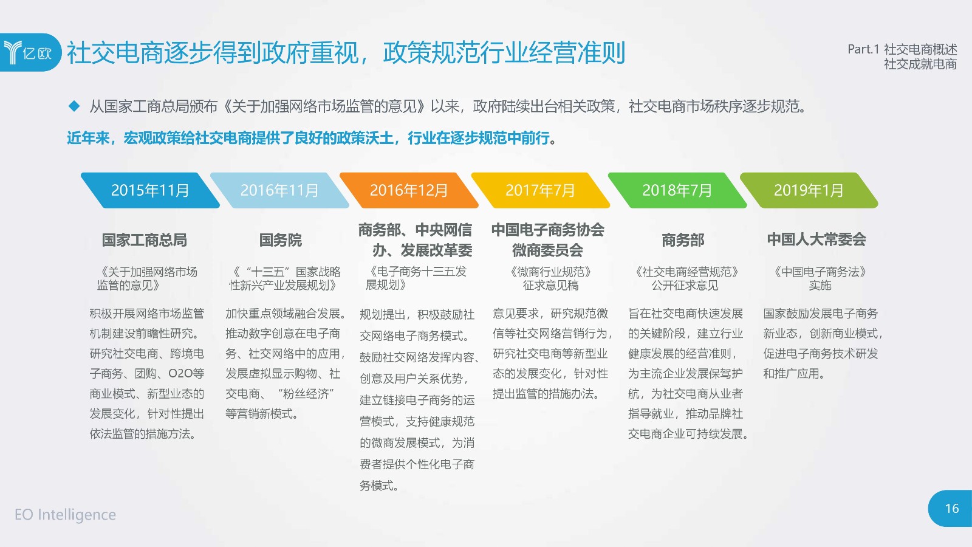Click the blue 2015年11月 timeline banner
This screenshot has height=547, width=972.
[x=150, y=190]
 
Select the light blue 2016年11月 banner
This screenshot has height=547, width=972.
[x=279, y=190]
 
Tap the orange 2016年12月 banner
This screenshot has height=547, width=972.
[x=409, y=190]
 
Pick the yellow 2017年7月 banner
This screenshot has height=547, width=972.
[x=540, y=190]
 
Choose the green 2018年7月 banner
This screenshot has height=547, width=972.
[x=677, y=190]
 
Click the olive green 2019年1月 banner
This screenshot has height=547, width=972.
[x=809, y=190]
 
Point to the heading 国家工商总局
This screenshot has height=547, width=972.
[x=145, y=239]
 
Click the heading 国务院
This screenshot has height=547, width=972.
[x=280, y=239]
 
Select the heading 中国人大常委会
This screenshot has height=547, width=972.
[x=816, y=239]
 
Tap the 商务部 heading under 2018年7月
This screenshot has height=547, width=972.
[x=683, y=239]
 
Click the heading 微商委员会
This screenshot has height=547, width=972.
[x=547, y=250]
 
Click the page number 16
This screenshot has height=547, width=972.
[x=951, y=508]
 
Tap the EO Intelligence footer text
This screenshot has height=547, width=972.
[x=65, y=514]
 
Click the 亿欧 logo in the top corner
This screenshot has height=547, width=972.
[x=30, y=52]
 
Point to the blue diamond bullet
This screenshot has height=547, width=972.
[x=74, y=106]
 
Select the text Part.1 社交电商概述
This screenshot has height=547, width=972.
[x=902, y=49]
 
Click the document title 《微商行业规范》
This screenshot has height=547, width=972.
[x=550, y=272]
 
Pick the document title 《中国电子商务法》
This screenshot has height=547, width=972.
[x=820, y=272]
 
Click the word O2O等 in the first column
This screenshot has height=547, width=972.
[x=186, y=373]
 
